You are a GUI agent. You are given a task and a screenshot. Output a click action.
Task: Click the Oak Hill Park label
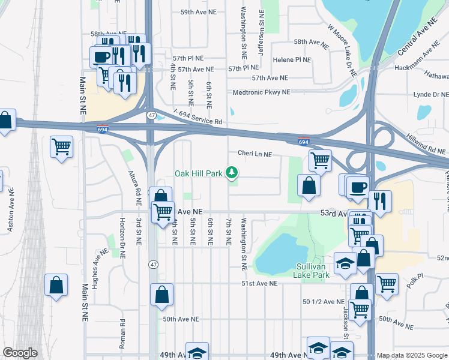[199, 173]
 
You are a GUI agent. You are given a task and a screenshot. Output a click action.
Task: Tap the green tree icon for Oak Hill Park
[232, 173]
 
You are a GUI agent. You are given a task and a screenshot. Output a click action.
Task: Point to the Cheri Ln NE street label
[255, 154]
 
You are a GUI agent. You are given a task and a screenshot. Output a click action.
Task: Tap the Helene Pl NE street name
[292, 60]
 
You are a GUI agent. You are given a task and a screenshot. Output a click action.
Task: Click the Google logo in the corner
[20, 353]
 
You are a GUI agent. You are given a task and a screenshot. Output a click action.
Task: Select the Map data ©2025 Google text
[412, 355]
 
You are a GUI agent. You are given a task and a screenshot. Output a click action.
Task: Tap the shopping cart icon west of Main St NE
[62, 146]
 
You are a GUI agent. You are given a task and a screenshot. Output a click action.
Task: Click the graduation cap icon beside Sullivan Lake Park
[345, 264]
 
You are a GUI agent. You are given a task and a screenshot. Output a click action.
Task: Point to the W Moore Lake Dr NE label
[342, 50]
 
